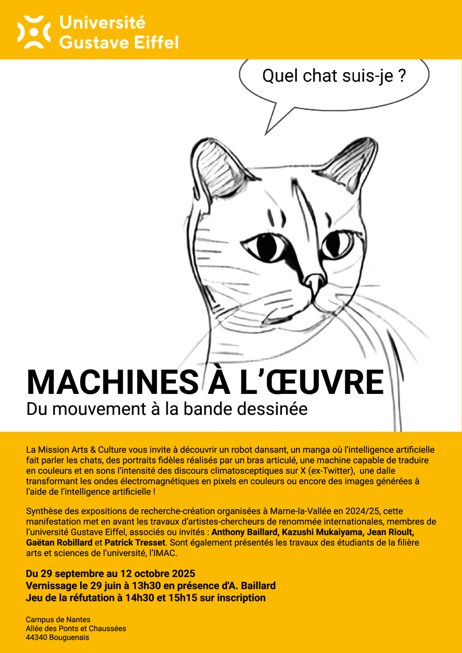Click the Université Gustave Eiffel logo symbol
[x=34, y=32]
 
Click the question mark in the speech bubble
[x=402, y=76]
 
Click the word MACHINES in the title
[x=112, y=382]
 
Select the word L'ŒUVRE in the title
[x=312, y=382]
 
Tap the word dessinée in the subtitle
[x=272, y=409]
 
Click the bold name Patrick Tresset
[x=135, y=543]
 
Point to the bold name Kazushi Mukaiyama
[x=322, y=532]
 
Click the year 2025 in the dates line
[x=183, y=574]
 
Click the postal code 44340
[x=36, y=638]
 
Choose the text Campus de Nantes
[x=58, y=619]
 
